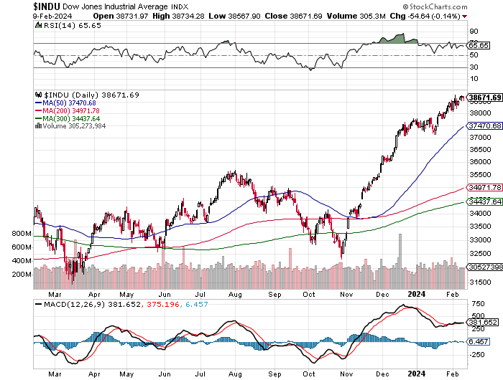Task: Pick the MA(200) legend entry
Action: click(68, 110)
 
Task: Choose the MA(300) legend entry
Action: click(68, 118)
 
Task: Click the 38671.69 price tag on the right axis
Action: click(484, 97)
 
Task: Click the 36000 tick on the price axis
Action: click(479, 162)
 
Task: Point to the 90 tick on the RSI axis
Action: click(474, 32)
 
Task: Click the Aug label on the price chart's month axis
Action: click(236, 293)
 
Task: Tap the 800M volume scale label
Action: click(22, 234)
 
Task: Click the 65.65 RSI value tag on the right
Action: click(479, 44)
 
